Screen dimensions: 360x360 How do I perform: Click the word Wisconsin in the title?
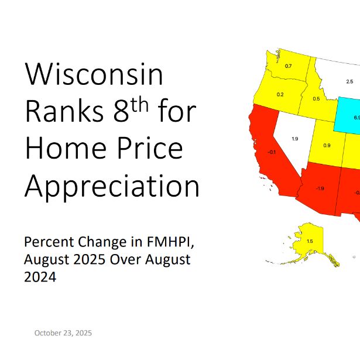[94, 76]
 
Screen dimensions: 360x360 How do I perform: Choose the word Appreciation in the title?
[112, 186]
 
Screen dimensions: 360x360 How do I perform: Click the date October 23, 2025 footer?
[63, 333]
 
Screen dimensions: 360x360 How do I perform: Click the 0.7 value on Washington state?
[288, 66]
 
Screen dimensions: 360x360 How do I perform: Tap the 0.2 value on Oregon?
[280, 94]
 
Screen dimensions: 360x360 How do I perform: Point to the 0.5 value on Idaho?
[316, 98]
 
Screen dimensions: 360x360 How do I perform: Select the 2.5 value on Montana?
[349, 81]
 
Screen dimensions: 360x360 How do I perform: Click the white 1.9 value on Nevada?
[295, 139]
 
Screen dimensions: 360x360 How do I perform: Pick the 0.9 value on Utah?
[327, 145]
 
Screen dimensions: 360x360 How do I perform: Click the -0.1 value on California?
[271, 152]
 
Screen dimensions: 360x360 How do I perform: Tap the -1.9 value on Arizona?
[320, 188]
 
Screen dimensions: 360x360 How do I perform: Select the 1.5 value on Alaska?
[310, 241]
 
